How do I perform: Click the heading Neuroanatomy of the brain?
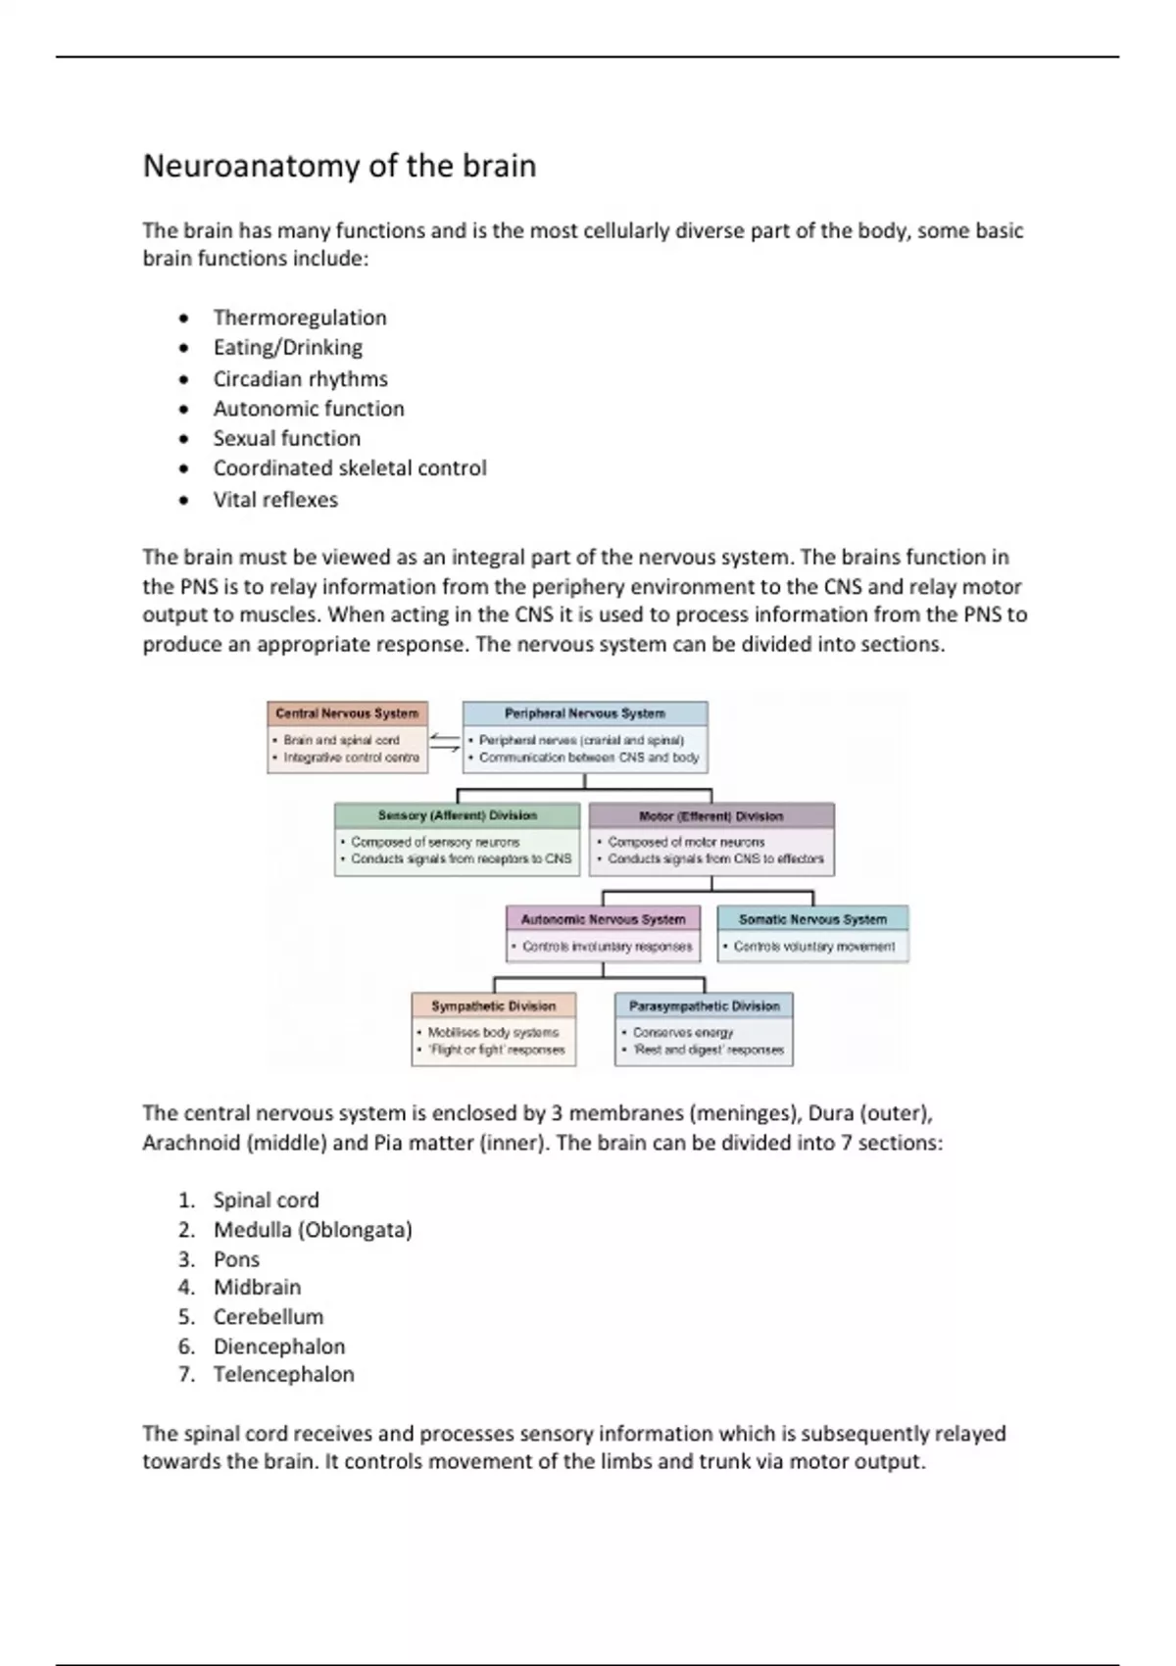coord(339,166)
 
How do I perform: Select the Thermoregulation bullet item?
coord(300,318)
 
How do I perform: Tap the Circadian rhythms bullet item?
coord(300,378)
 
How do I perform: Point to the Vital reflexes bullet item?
coord(275,499)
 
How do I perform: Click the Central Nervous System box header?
coord(347,713)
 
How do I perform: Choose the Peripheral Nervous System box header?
coord(584,713)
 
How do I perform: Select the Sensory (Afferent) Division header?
coord(457,815)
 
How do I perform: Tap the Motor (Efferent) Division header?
coord(710,815)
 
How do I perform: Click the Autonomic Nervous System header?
coord(603,919)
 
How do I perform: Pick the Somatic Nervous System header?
coord(812,919)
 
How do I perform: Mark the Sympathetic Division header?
coord(493,1005)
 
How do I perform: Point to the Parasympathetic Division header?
coord(704,1005)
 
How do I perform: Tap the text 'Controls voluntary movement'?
coord(813,947)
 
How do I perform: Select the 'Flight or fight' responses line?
coord(497,1050)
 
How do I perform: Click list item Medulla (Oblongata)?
coord(313,1229)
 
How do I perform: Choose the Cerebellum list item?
coord(268,1316)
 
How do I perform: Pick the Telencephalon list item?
coord(283,1374)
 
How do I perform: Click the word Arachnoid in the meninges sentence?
coord(190,1143)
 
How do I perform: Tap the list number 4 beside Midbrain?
coord(186,1287)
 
